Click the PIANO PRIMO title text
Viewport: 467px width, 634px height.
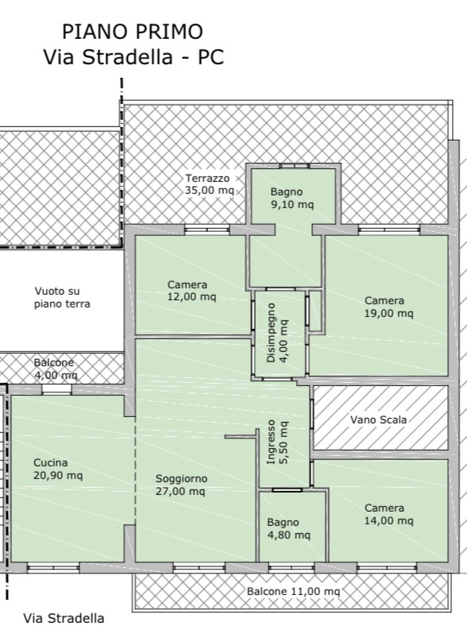click(x=133, y=32)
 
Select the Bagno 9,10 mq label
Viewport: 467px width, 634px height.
click(x=292, y=198)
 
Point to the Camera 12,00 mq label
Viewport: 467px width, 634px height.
click(x=191, y=291)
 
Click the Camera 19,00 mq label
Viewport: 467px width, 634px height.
click(x=388, y=307)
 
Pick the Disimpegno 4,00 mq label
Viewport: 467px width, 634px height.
click(x=278, y=333)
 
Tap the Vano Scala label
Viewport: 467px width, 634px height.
click(x=379, y=419)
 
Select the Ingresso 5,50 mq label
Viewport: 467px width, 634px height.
click(x=277, y=442)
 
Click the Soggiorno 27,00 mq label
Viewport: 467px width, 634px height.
click(x=181, y=485)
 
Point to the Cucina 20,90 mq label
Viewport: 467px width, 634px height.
click(x=58, y=469)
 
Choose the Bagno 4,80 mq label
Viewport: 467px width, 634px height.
click(x=288, y=528)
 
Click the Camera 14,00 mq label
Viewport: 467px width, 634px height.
click(x=388, y=514)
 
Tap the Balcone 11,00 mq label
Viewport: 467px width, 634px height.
click(x=293, y=591)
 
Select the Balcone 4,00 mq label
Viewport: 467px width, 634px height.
click(x=56, y=369)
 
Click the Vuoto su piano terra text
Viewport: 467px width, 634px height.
click(x=62, y=297)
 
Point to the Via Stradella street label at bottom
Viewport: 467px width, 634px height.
click(x=64, y=618)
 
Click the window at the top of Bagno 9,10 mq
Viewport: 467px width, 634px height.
click(x=295, y=165)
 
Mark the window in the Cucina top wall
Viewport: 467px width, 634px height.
click(x=56, y=390)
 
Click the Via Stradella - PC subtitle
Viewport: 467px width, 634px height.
click(x=133, y=57)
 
